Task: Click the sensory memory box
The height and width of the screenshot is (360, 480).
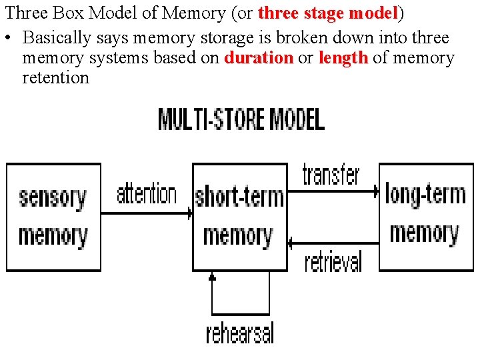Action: (53, 217)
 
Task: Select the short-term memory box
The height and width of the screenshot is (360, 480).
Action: (239, 217)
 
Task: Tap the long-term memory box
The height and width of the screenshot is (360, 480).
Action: (426, 217)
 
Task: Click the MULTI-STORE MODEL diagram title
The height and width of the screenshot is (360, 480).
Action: (241, 120)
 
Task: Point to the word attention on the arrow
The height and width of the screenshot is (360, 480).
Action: (147, 195)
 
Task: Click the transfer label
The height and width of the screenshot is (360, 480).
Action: (331, 174)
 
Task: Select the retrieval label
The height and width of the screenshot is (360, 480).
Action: (333, 261)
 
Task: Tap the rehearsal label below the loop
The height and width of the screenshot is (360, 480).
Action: (240, 332)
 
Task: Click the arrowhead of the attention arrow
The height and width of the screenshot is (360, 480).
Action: (190, 214)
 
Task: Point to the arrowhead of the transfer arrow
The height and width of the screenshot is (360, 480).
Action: (376, 191)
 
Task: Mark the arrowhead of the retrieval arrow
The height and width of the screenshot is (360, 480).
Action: (291, 243)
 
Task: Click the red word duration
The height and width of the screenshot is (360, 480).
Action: (259, 58)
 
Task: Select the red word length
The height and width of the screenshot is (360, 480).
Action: (343, 58)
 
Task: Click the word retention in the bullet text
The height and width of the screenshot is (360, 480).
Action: (55, 77)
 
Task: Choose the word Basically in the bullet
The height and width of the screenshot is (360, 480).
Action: (57, 39)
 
